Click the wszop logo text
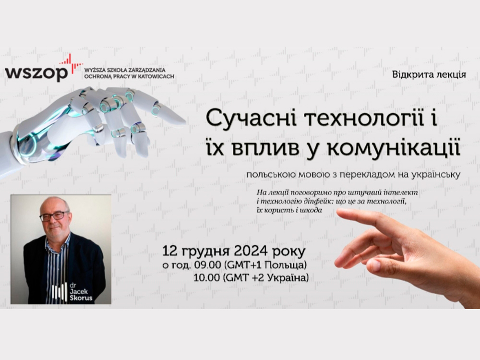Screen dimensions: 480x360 pyautogui.click(x=36, y=73)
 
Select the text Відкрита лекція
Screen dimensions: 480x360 pyautogui.click(x=429, y=75)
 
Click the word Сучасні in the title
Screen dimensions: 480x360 pyautogui.click(x=251, y=119)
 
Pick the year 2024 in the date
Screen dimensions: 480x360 pyautogui.click(x=252, y=252)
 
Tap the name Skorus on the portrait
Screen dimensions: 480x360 pyautogui.click(x=81, y=298)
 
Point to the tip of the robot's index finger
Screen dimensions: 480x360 pyautogui.click(x=185, y=122)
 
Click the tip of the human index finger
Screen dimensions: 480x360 pyautogui.click(x=337, y=211)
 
